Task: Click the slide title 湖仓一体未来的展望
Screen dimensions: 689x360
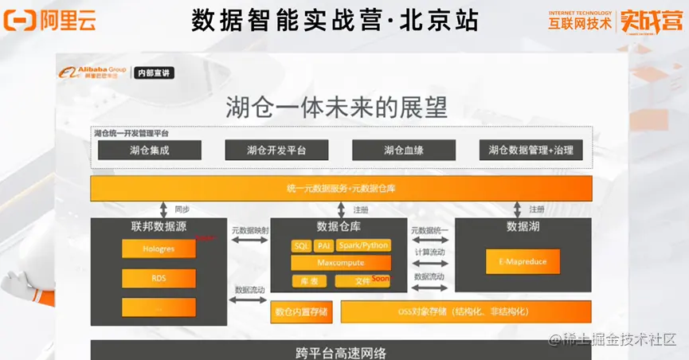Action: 336,107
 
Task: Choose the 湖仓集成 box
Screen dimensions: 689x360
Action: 149,150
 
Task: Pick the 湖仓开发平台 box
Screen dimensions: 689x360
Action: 277,150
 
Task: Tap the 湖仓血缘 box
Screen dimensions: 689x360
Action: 404,150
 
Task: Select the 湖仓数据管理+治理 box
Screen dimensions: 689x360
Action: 530,150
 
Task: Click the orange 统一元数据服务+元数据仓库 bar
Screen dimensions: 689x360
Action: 342,189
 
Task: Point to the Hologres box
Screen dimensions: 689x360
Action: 159,248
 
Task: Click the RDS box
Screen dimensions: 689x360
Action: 159,278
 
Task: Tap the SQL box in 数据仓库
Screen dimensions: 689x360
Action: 301,245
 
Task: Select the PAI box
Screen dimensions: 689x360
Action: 323,245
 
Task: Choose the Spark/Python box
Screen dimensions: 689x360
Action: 364,245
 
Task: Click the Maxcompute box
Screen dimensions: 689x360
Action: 341,262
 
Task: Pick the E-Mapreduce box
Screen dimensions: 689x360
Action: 523,261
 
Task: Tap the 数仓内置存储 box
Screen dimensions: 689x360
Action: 300,311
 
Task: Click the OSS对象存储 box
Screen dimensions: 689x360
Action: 466,311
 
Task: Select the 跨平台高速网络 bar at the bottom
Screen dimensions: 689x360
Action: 342,351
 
